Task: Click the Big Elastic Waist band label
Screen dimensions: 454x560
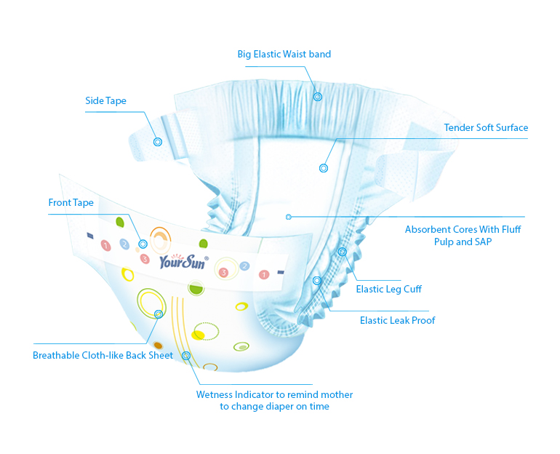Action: (x=284, y=54)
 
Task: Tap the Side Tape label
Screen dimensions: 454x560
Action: (x=105, y=101)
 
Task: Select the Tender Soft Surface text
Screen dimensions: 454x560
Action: (x=486, y=128)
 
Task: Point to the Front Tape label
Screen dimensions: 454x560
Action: (x=71, y=203)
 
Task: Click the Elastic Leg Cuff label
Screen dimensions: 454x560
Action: (x=388, y=290)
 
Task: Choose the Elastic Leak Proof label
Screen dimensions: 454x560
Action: (x=397, y=320)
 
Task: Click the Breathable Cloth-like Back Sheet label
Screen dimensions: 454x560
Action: (x=103, y=356)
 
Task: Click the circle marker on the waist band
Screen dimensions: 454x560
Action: (x=318, y=96)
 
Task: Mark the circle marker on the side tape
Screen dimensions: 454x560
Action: (x=156, y=142)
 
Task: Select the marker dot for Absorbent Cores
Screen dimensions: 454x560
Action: (x=289, y=217)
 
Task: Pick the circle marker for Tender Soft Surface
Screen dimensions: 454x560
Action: (x=324, y=169)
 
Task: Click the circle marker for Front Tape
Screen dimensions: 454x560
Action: (x=143, y=244)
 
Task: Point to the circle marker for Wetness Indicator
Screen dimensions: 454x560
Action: (x=186, y=356)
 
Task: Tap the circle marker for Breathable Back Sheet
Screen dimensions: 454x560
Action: (x=159, y=314)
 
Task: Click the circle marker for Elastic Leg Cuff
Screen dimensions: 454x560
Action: (x=342, y=252)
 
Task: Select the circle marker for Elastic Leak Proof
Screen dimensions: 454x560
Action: (x=317, y=280)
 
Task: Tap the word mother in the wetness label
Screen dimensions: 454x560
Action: (x=337, y=395)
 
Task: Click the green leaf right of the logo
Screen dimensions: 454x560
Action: (x=203, y=243)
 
